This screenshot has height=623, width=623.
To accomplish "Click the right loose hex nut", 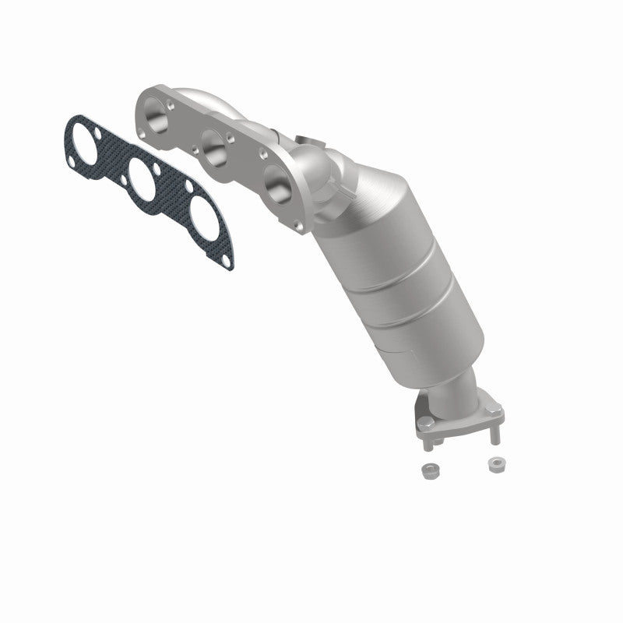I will pyautogui.click(x=494, y=464).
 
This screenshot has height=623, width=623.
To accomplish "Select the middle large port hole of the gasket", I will pyautogui.click(x=142, y=179).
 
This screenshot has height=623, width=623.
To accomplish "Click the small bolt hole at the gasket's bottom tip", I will pyautogui.click(x=225, y=260).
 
